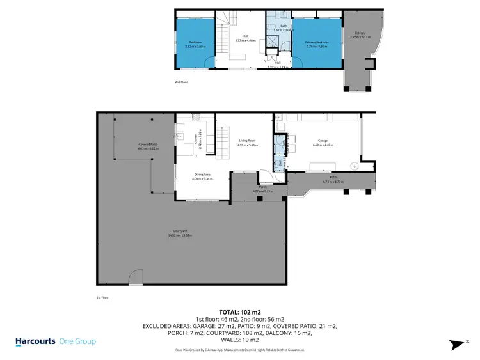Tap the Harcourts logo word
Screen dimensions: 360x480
coord(37,341)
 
